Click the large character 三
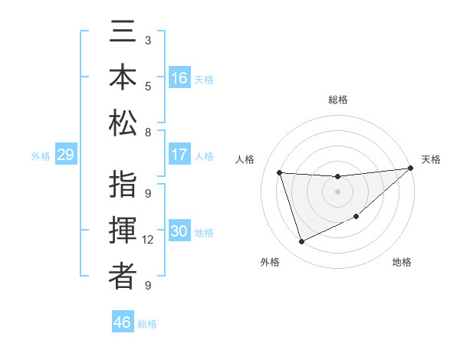click(123, 35)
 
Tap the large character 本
click(123, 80)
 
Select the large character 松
click(123, 123)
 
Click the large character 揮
click(123, 232)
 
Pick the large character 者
click(123, 277)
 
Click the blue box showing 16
click(179, 78)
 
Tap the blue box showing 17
click(179, 155)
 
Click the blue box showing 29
click(65, 155)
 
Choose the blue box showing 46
click(122, 322)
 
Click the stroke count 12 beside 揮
click(148, 240)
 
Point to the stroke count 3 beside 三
click(148, 40)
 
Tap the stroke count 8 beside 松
click(148, 132)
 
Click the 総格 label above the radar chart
click(337, 100)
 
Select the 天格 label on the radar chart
click(431, 159)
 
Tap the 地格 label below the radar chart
click(402, 262)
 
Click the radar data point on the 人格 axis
click(280, 173)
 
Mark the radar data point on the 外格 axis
click(301, 242)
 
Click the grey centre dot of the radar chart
click(337, 192)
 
